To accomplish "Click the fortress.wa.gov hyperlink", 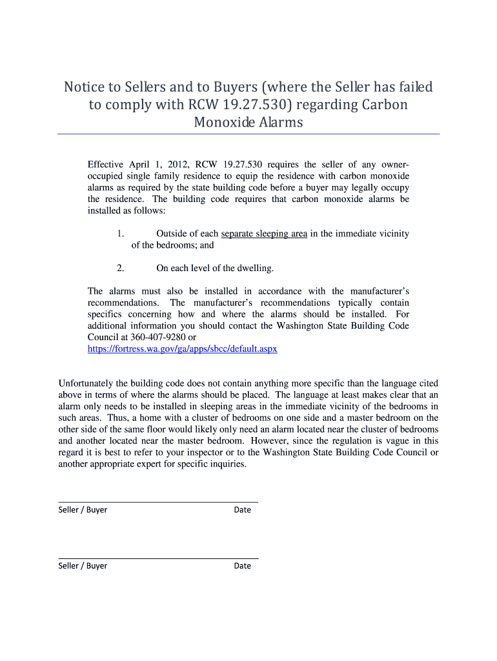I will [182, 349].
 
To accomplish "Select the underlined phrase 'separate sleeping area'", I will [264, 234].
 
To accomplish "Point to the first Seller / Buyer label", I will [83, 510].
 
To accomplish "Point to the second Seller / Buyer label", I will [83, 566].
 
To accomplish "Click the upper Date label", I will [242, 510].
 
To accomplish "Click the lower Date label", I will [242, 566].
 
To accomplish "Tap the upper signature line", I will [158, 502].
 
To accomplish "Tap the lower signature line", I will [158, 558].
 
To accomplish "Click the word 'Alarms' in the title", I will [278, 122].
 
